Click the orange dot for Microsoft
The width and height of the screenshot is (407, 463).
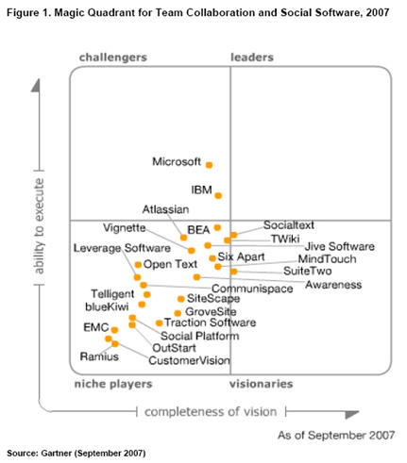pos(210,164)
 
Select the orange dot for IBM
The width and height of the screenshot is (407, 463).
pos(218,195)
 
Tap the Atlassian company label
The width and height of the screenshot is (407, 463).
pos(166,209)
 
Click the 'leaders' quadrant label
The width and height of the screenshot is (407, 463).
pos(253,58)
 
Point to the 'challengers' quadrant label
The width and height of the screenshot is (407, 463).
pos(112,58)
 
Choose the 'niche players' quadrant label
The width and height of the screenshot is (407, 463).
pos(113,385)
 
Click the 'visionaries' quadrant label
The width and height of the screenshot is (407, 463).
pos(261,385)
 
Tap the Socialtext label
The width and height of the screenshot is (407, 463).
pos(289,225)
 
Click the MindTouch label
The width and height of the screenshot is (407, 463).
pos(325,258)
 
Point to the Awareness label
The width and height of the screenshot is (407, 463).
pos(333,284)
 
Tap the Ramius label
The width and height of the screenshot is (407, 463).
pos(98,357)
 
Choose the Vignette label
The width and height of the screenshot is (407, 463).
pos(125,228)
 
